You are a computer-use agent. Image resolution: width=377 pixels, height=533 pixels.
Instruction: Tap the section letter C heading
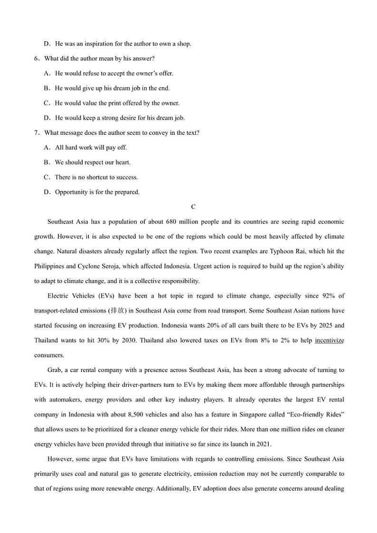(193, 207)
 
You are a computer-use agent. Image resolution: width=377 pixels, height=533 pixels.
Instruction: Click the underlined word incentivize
(330, 340)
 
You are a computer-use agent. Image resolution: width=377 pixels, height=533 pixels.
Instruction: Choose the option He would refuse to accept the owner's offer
(114, 73)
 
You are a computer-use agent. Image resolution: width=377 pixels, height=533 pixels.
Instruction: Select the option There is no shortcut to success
(96, 177)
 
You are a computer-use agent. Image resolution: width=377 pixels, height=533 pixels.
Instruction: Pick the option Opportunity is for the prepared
(97, 192)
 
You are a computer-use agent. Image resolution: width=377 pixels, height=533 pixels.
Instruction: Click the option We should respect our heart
(93, 162)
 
